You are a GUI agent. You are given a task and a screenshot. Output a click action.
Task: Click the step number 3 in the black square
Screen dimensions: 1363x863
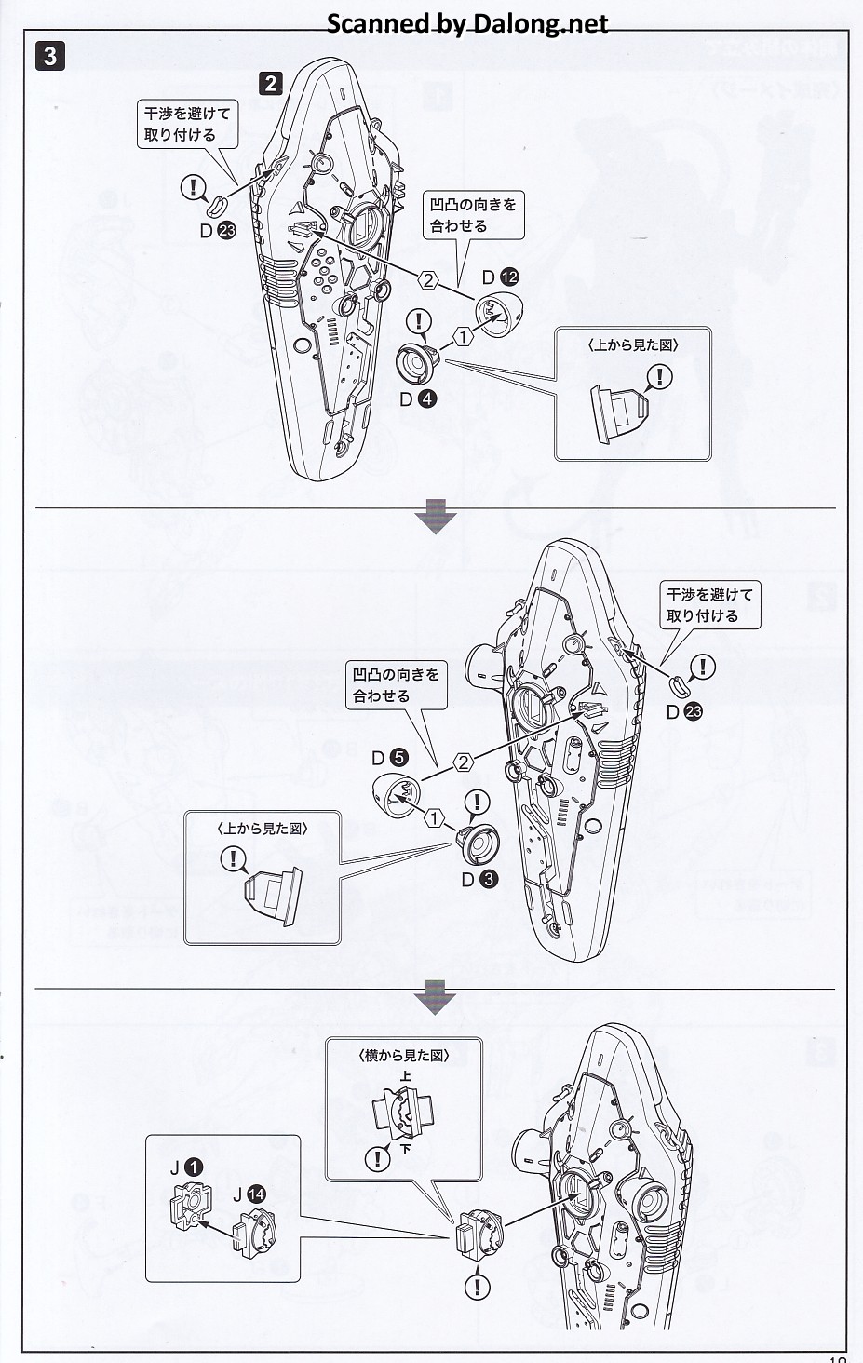pyautogui.click(x=50, y=55)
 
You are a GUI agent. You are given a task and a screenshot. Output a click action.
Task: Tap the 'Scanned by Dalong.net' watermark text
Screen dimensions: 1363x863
pyautogui.click(x=467, y=22)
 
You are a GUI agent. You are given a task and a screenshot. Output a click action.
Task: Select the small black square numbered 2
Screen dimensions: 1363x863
pyautogui.click(x=270, y=83)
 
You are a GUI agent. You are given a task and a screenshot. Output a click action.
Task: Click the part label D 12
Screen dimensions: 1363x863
pyautogui.click(x=501, y=277)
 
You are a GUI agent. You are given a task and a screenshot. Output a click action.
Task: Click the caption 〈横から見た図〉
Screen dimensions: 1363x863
pyautogui.click(x=404, y=1056)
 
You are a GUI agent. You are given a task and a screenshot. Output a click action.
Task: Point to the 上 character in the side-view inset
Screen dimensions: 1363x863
pyautogui.click(x=404, y=1077)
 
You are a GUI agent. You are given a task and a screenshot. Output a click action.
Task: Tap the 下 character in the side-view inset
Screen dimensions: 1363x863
pyautogui.click(x=405, y=1149)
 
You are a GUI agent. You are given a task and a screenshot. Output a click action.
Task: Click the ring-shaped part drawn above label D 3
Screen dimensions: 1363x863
pyautogui.click(x=479, y=842)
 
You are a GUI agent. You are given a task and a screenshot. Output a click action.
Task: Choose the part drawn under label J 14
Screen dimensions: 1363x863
pyautogui.click(x=253, y=1232)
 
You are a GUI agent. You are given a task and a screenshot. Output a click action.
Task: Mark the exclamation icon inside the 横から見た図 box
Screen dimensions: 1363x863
pyautogui.click(x=377, y=1158)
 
